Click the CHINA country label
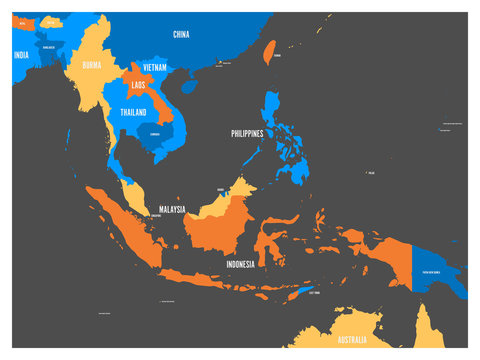click(x=181, y=34)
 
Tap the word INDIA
click(x=21, y=56)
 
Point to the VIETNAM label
click(x=154, y=66)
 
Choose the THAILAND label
click(x=134, y=112)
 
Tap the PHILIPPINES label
click(x=247, y=133)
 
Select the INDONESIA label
click(x=240, y=264)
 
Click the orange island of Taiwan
click(x=269, y=51)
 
